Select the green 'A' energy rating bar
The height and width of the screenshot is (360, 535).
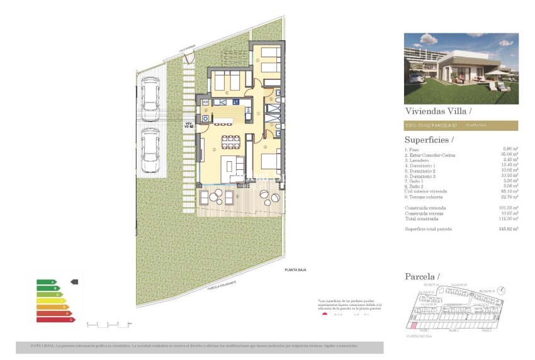click(47, 282)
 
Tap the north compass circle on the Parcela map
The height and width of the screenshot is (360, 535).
click(502, 289)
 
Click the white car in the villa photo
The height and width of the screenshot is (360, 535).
click(416, 77)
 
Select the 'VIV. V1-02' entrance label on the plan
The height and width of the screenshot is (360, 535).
click(188, 125)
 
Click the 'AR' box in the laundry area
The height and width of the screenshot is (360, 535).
click(205, 102)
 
